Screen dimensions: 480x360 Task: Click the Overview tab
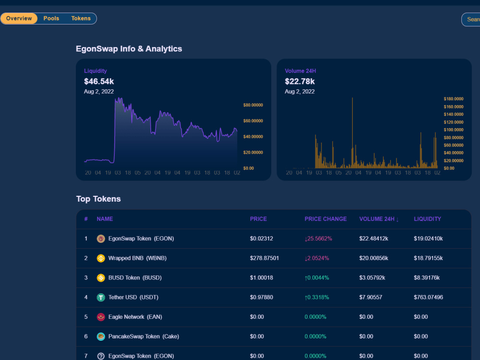point(19,18)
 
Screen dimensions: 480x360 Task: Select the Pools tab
point(51,18)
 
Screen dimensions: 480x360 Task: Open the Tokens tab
point(81,18)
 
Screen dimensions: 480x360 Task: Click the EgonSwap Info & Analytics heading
point(129,49)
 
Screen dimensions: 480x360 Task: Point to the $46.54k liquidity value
point(99,82)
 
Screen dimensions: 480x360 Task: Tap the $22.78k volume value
point(300,82)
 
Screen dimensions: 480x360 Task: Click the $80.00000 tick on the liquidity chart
point(253,105)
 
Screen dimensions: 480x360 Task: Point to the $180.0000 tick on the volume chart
point(454,99)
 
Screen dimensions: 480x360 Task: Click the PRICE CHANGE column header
point(326,219)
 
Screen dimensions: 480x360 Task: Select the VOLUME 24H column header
point(379,219)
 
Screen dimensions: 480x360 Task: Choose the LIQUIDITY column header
point(427,219)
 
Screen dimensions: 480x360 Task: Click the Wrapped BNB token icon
point(101,258)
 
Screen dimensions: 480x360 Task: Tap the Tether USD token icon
point(101,298)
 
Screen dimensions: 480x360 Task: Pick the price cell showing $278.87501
point(264,258)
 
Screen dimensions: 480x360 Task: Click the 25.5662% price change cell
point(318,239)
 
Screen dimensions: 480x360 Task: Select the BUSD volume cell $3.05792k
point(372,277)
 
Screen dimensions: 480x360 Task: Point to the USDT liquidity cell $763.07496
point(428,297)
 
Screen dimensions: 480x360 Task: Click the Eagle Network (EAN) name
point(135,317)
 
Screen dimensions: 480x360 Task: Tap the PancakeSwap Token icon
point(101,337)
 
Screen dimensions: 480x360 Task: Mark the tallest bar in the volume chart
point(352,133)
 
